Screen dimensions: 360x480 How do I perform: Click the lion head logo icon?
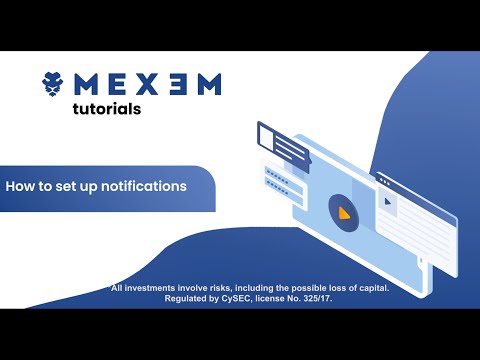point(54,84)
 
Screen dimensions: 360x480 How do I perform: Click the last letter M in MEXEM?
point(206,83)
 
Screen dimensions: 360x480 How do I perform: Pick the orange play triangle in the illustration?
point(344,212)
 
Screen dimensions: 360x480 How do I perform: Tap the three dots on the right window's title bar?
point(384,182)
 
